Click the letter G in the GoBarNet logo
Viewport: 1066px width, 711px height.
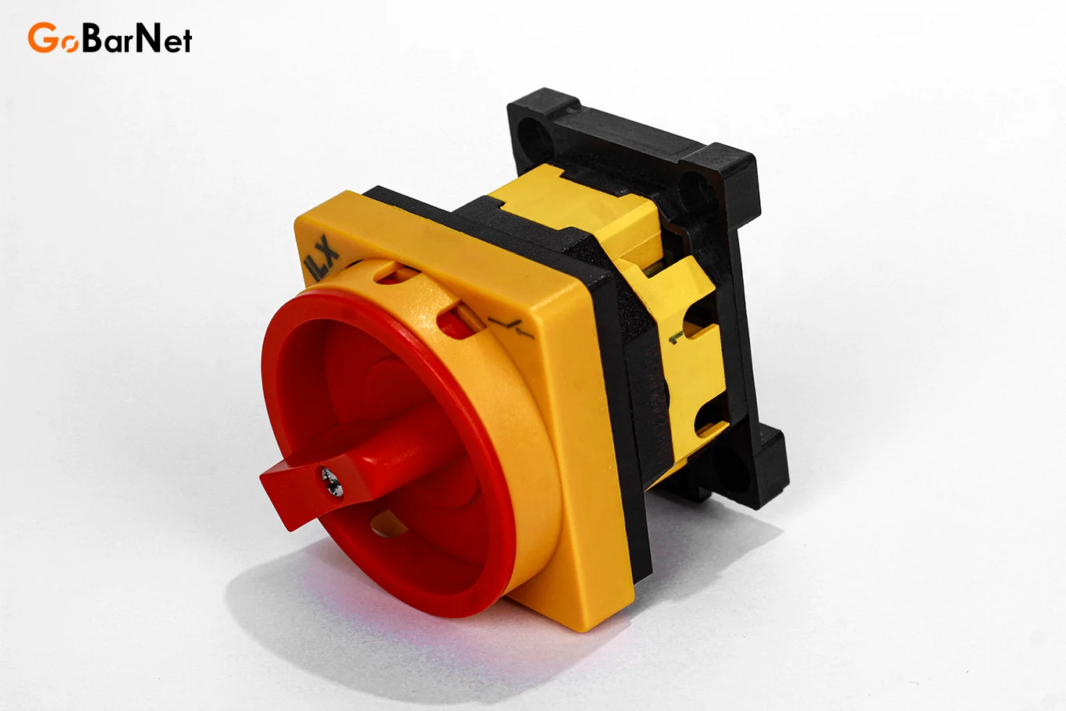tap(42, 37)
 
